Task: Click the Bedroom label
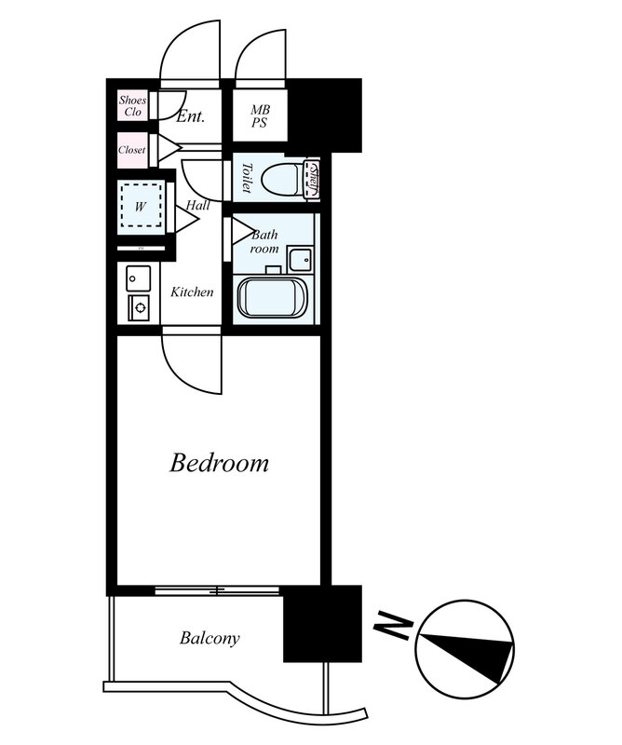219,463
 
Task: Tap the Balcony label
210,638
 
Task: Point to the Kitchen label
192,291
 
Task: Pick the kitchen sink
139,278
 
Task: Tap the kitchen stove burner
139,308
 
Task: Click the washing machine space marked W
140,206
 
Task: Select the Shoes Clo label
132,106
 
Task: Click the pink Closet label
132,150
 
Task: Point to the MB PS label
260,116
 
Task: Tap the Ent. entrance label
190,116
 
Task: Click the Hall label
197,205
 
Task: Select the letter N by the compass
392,625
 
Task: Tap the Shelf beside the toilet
313,179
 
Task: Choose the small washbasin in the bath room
302,260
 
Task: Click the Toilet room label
246,177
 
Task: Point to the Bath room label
264,241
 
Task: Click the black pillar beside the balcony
323,624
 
